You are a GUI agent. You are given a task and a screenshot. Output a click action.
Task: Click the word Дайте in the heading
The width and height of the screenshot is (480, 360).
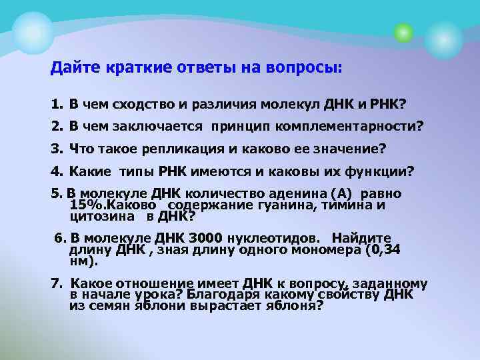pos(74,68)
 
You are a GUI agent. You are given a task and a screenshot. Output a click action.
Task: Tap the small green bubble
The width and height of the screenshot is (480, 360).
pos(402,31)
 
